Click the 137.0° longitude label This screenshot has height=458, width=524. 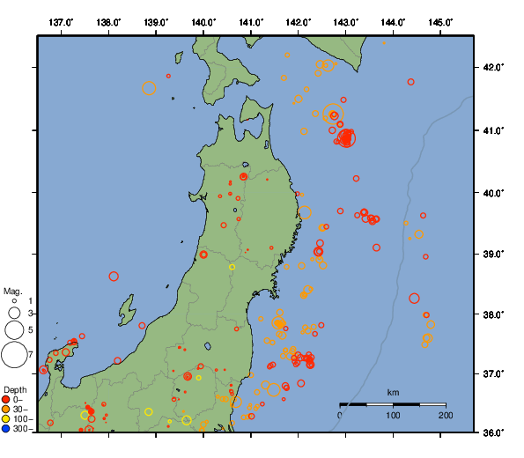coord(61,21)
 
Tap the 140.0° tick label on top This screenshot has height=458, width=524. coord(203,21)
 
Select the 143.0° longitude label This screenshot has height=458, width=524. coord(346,21)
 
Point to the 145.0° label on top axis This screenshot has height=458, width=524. coord(440,21)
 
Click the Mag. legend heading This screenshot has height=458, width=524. coord(12,291)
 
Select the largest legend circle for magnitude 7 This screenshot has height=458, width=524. coord(14,355)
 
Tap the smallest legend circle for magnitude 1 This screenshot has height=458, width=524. coord(14,301)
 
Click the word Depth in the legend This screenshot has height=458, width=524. coord(15,388)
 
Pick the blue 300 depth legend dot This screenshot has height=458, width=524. coord(6,429)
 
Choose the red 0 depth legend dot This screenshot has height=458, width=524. coord(6,399)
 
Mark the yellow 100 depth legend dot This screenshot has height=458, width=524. coord(6,419)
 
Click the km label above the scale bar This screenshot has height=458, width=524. coord(393,392)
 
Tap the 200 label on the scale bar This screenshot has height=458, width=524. coord(445,415)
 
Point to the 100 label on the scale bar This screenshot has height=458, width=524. coord(393,415)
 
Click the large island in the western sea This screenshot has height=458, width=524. coord(129,311)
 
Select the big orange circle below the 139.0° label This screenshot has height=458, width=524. coord(149,88)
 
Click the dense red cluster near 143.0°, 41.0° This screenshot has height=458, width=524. coord(346,137)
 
